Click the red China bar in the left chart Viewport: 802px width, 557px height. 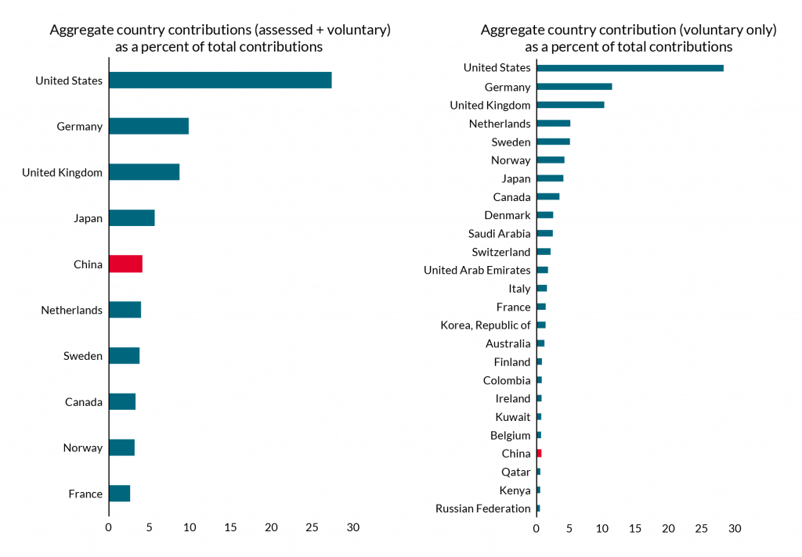click(125, 264)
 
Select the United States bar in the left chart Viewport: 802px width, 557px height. click(220, 80)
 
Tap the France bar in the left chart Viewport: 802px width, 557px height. click(119, 494)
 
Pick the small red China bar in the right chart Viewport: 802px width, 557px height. click(539, 453)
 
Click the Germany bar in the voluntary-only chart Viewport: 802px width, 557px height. click(574, 87)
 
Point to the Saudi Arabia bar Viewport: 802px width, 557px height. click(544, 233)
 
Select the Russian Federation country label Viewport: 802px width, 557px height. click(482, 508)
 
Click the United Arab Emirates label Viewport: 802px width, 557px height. click(477, 270)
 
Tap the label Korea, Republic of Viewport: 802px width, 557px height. click(485, 325)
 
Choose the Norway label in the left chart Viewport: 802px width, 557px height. click(83, 447)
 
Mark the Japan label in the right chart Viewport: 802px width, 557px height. click(516, 178)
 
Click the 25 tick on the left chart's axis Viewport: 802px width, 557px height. click(312, 528)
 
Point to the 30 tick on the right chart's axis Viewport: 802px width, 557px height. click(735, 529)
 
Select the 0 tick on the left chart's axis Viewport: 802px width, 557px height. click(109, 528)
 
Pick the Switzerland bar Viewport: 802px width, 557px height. click(544, 251)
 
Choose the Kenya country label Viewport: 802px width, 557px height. click(515, 491)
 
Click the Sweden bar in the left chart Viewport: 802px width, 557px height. click(124, 356)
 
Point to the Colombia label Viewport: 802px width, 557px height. click(507, 380)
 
